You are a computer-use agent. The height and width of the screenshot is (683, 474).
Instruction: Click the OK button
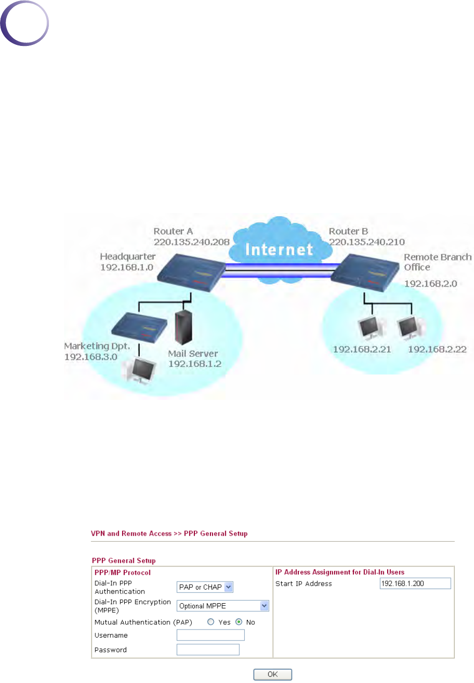click(273, 674)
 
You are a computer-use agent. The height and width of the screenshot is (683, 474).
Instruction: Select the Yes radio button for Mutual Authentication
click(211, 622)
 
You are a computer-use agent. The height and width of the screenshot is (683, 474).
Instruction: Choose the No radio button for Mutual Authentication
click(239, 622)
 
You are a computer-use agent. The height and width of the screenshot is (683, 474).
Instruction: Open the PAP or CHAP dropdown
click(205, 587)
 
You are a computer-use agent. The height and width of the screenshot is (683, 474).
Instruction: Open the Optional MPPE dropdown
click(223, 606)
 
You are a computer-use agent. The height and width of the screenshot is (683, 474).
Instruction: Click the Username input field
click(210, 635)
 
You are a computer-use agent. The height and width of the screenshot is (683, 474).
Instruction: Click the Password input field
click(208, 650)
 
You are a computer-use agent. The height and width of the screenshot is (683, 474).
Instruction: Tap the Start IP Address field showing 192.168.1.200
click(415, 584)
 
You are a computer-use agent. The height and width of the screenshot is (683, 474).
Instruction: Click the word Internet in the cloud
click(279, 249)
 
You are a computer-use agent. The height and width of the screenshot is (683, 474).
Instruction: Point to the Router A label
click(173, 231)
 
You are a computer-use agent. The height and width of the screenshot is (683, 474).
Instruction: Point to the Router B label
click(348, 231)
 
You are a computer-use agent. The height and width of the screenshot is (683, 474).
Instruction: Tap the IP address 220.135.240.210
click(367, 242)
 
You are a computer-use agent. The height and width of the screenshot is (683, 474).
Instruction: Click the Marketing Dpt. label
click(97, 346)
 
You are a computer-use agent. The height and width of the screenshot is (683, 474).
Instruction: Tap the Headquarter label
click(128, 257)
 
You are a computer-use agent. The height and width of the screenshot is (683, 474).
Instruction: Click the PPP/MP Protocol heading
click(123, 572)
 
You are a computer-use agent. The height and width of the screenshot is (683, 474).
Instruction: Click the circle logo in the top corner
click(24, 23)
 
